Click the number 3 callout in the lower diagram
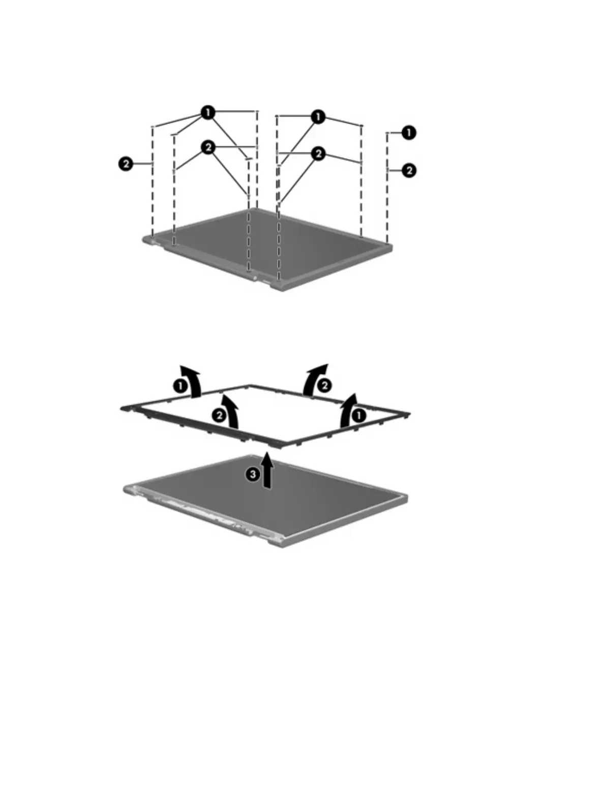(252, 474)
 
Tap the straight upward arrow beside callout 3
(266, 471)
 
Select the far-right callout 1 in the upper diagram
(409, 133)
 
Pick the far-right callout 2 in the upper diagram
(409, 170)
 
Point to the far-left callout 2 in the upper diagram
(126, 164)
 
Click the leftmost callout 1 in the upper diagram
(207, 113)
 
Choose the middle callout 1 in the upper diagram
(318, 117)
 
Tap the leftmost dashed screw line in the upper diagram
(153, 183)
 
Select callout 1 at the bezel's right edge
(359, 416)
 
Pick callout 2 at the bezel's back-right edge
(323, 386)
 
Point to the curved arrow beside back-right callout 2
(313, 378)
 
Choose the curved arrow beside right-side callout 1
(348, 409)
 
